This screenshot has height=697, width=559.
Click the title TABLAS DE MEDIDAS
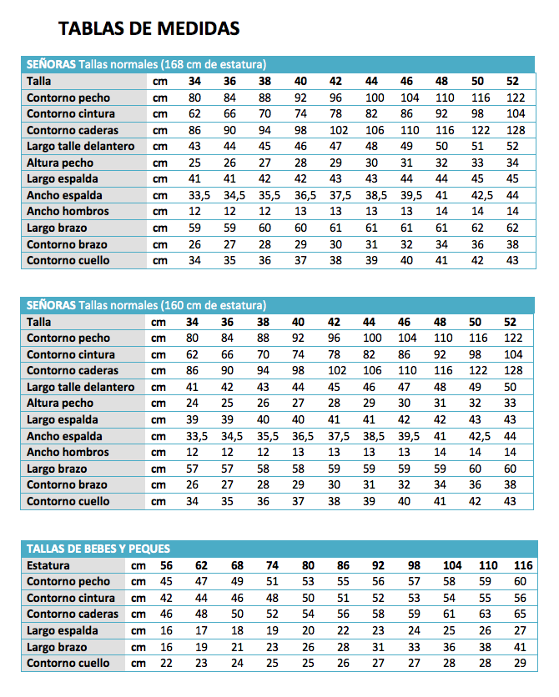tap(149, 29)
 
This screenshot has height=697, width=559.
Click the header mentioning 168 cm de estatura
tap(146, 64)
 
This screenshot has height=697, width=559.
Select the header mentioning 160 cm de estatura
tap(146, 305)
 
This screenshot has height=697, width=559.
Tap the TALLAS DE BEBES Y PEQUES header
tap(98, 549)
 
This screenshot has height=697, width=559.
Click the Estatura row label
tap(48, 565)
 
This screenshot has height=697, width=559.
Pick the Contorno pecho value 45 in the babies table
tap(166, 582)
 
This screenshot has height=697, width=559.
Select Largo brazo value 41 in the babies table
tap(521, 646)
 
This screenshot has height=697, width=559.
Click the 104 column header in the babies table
tap(451, 565)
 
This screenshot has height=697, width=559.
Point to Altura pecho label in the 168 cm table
tap(60, 163)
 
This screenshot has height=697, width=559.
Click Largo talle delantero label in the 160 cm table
tap(80, 387)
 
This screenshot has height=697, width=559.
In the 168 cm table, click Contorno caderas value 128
tap(515, 130)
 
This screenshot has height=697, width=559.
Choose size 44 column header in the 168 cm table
tap(371, 81)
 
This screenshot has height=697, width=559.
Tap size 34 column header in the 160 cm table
tap(193, 322)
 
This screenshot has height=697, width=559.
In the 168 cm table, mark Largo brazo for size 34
tap(194, 228)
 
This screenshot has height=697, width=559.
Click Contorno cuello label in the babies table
tap(68, 663)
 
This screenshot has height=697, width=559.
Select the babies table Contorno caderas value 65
tap(521, 614)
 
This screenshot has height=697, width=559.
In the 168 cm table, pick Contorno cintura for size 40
tap(300, 113)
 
